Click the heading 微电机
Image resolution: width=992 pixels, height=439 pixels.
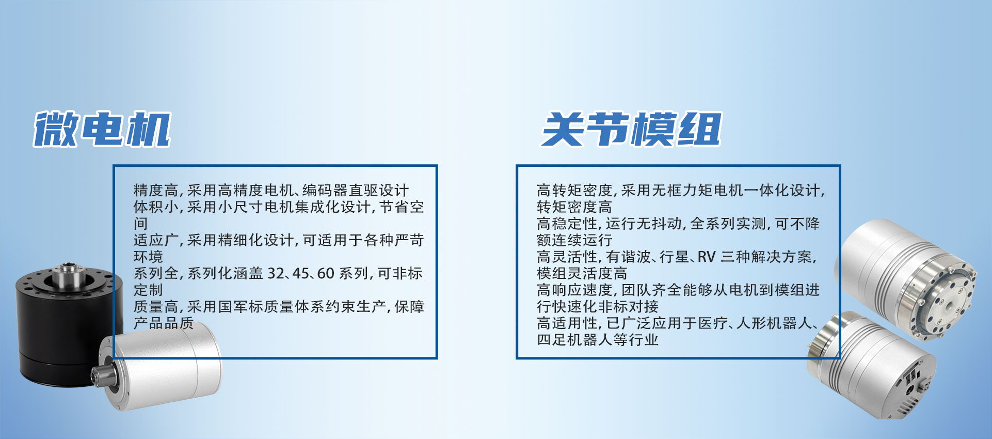pos(102,129)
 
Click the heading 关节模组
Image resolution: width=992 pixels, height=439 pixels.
pos(631,129)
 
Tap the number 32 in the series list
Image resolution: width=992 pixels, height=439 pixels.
pos(276,273)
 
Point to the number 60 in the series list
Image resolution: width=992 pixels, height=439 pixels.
pos(326,273)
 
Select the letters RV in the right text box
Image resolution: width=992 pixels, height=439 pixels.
pos(707,257)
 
